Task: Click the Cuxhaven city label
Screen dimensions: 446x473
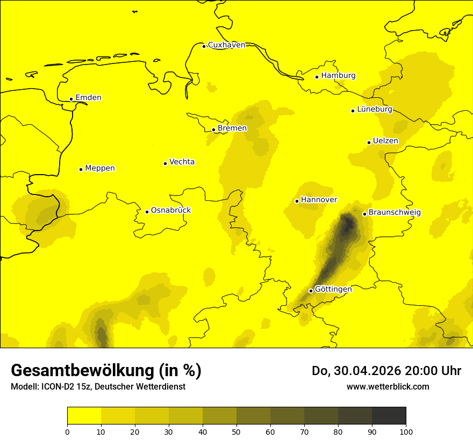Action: (x=226, y=45)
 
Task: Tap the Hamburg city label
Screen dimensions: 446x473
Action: (x=338, y=76)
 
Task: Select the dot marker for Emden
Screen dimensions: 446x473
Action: (x=71, y=99)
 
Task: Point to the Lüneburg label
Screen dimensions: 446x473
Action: (x=374, y=109)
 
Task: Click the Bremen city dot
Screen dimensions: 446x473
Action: (x=213, y=130)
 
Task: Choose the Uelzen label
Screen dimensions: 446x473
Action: (x=385, y=141)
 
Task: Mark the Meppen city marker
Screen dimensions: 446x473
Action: (x=81, y=169)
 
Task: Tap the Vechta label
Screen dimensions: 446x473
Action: (x=182, y=162)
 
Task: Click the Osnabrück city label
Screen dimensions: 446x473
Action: (x=171, y=211)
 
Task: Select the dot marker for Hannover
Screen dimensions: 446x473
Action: (x=297, y=201)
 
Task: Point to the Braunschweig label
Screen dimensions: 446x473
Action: (x=395, y=213)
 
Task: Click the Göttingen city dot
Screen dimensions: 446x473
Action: (x=311, y=291)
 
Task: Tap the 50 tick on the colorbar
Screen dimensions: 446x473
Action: (x=236, y=431)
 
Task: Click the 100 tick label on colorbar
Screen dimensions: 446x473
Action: (x=406, y=431)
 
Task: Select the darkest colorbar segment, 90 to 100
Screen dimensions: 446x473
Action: (x=389, y=415)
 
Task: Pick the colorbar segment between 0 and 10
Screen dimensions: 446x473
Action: (x=84, y=415)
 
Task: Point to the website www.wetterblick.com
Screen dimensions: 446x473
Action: (x=388, y=386)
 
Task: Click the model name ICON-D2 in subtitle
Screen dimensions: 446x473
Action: (x=59, y=386)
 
